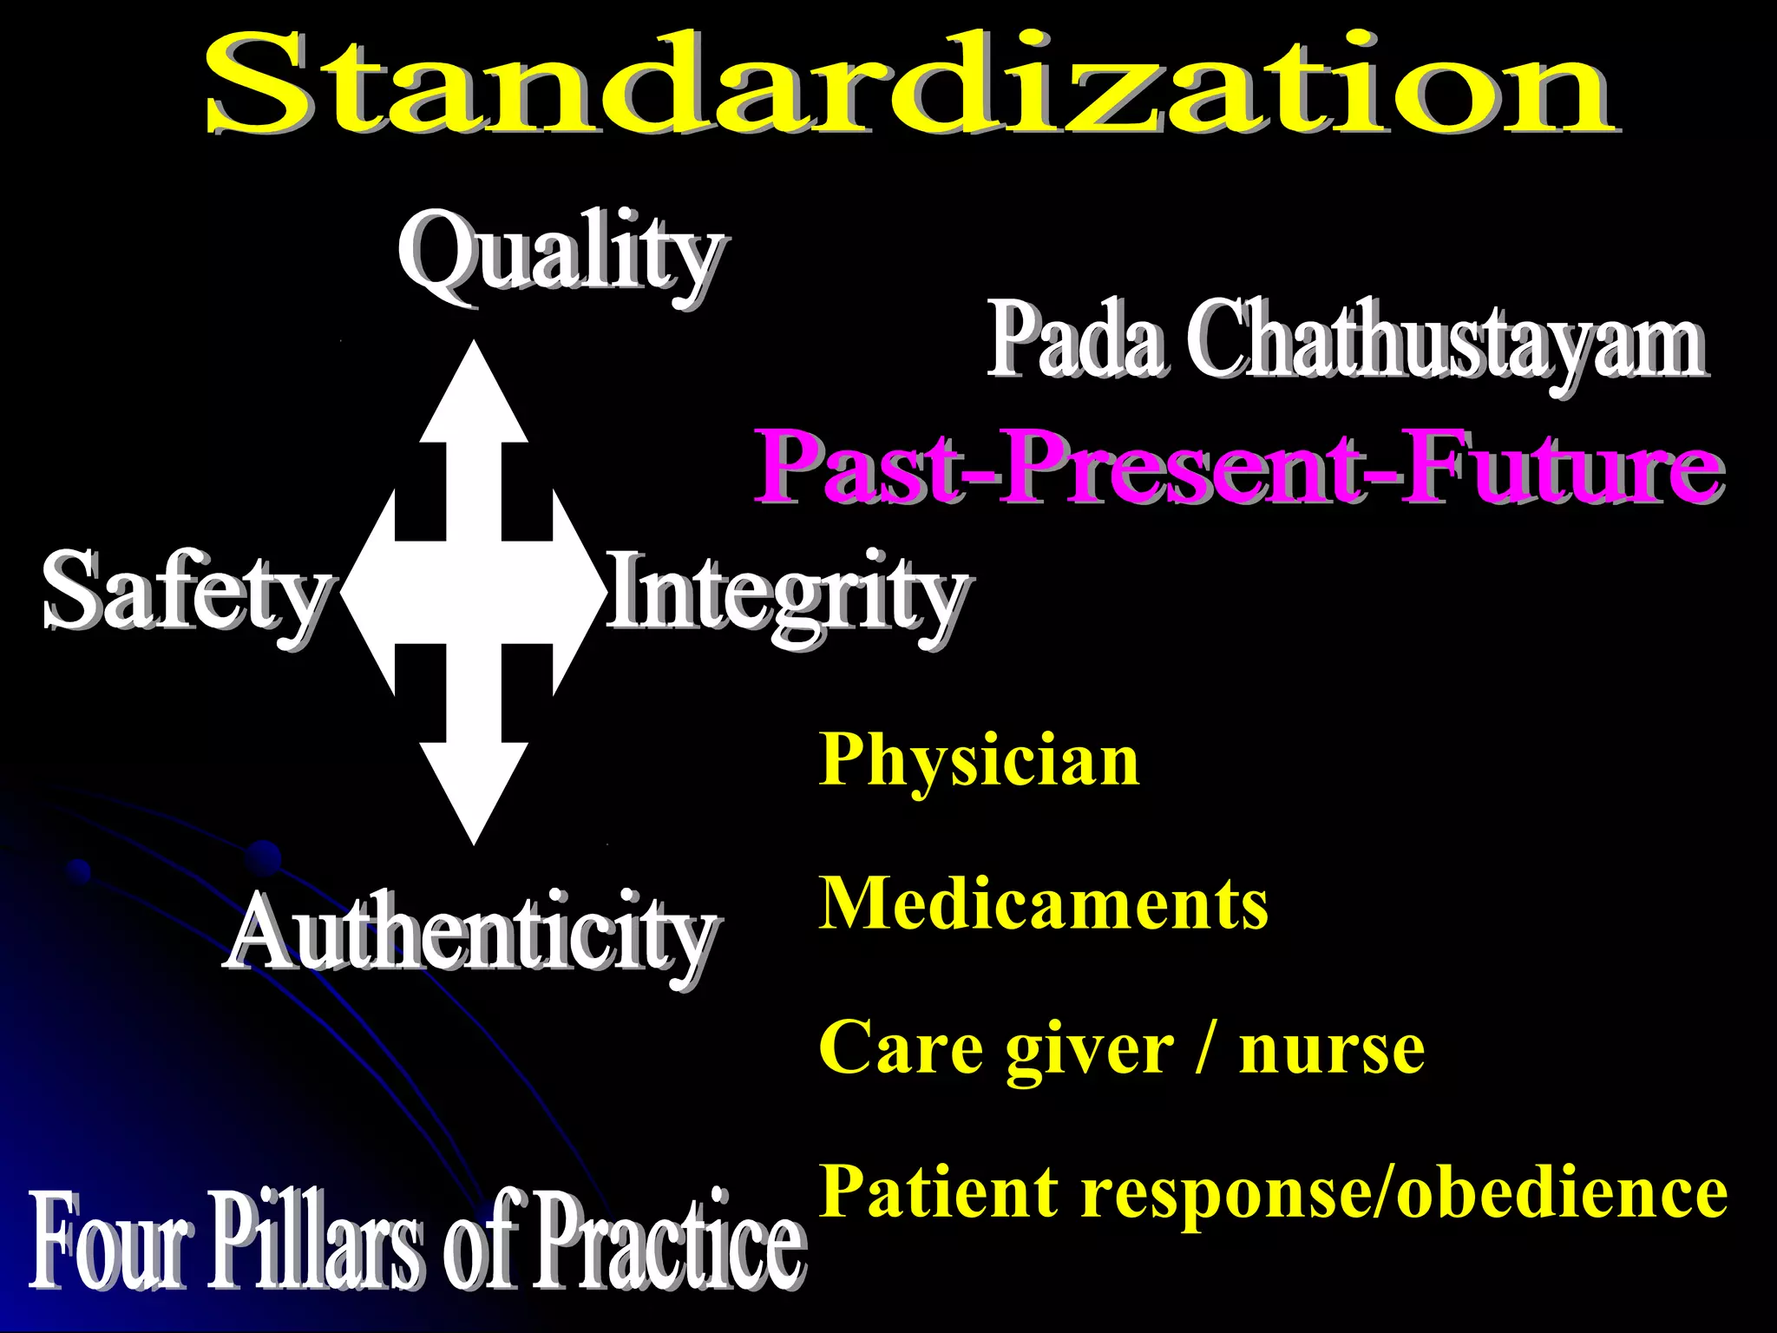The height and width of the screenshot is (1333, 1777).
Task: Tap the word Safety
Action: click(x=185, y=592)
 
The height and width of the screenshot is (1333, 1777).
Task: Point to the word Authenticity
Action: click(x=470, y=934)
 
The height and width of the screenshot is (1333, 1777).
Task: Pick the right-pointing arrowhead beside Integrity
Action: click(x=576, y=592)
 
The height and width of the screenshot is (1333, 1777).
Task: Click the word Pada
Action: click(x=1077, y=340)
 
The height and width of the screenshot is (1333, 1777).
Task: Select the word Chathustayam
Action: click(x=1446, y=340)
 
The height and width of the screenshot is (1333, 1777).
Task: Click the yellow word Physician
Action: click(x=979, y=760)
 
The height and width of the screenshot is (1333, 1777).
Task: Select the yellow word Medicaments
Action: click(x=1043, y=903)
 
